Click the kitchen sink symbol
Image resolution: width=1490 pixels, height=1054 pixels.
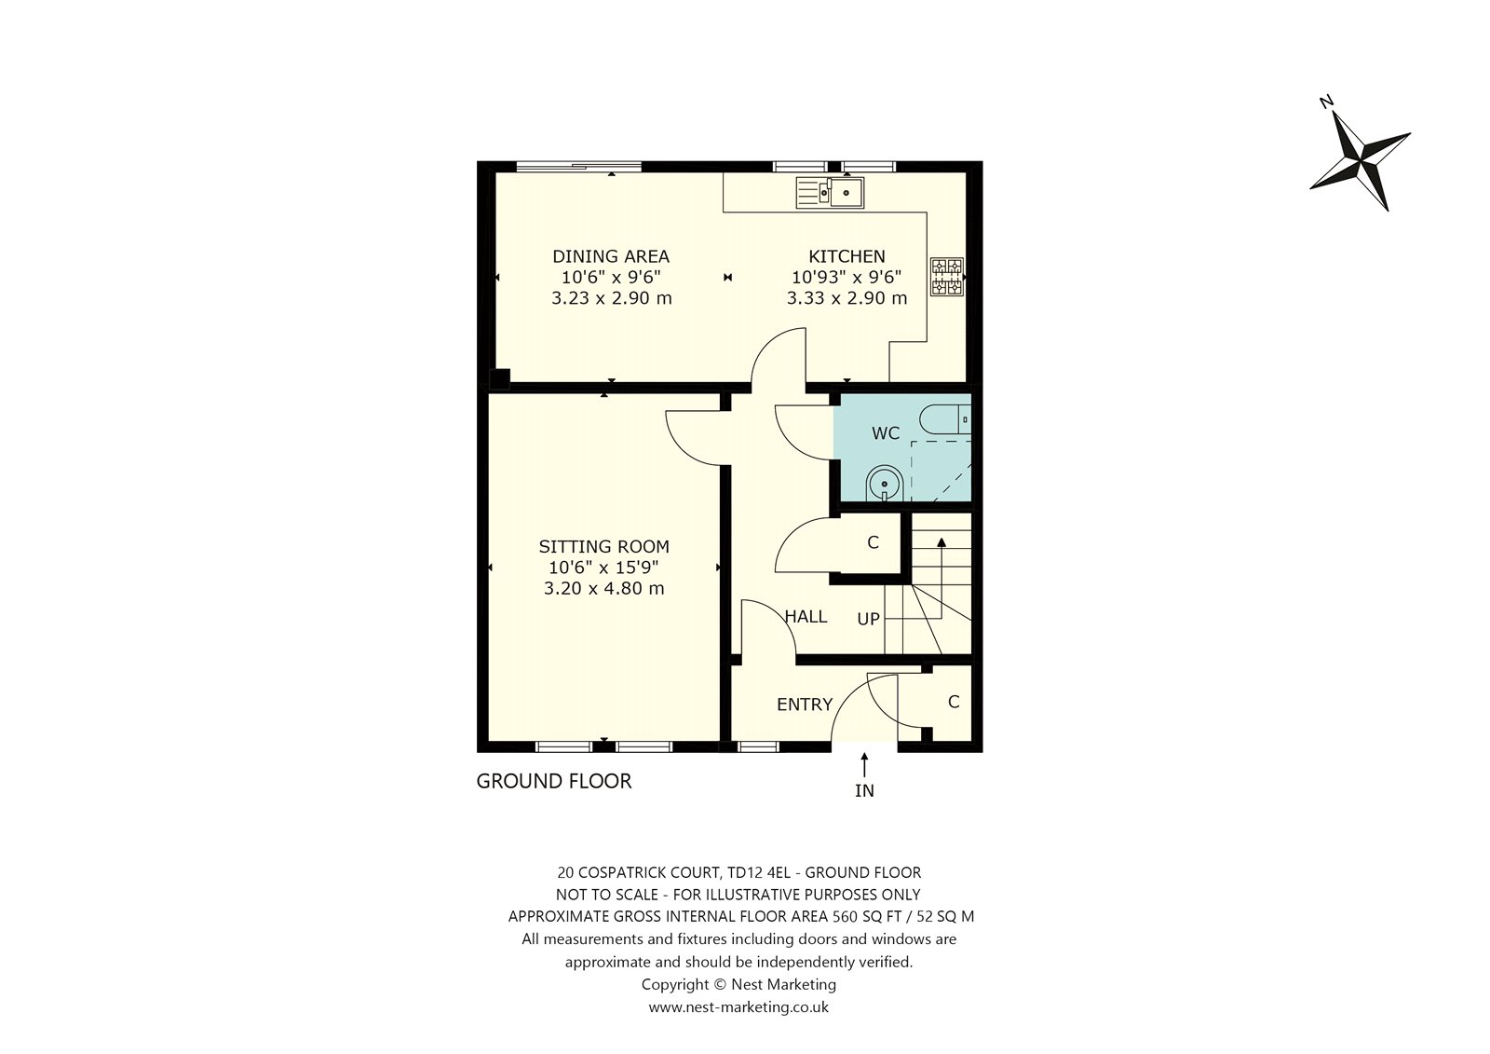pyautogui.click(x=830, y=192)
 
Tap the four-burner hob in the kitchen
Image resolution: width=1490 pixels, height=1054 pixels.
pyautogui.click(x=946, y=277)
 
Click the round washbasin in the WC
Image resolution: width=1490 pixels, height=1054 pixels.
pyautogui.click(x=884, y=483)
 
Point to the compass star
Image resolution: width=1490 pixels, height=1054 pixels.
pyautogui.click(x=1361, y=160)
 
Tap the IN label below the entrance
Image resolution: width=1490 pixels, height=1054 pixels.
pyautogui.click(x=864, y=791)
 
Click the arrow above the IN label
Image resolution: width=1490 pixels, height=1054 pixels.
pyautogui.click(x=864, y=764)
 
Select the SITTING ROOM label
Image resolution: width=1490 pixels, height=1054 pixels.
pyautogui.click(x=604, y=547)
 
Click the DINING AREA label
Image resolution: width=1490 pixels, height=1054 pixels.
pyautogui.click(x=611, y=256)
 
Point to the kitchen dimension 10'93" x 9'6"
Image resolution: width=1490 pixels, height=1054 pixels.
pyautogui.click(x=847, y=277)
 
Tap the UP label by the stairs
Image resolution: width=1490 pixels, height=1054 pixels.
pyautogui.click(x=868, y=619)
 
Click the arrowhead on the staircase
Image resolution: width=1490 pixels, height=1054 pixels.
pyautogui.click(x=941, y=542)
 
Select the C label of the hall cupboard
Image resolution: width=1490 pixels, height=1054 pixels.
pyautogui.click(x=873, y=542)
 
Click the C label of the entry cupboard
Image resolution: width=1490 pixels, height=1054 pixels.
pyautogui.click(x=954, y=702)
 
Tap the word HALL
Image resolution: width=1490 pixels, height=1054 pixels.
pyautogui.click(x=806, y=617)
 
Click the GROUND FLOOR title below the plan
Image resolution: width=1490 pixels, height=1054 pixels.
pyautogui.click(x=553, y=781)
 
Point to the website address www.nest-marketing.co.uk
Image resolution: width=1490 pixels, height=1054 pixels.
pyautogui.click(x=738, y=1006)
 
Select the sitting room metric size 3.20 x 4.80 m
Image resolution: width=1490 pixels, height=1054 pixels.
pyautogui.click(x=604, y=589)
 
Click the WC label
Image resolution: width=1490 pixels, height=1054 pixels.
pyautogui.click(x=886, y=433)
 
